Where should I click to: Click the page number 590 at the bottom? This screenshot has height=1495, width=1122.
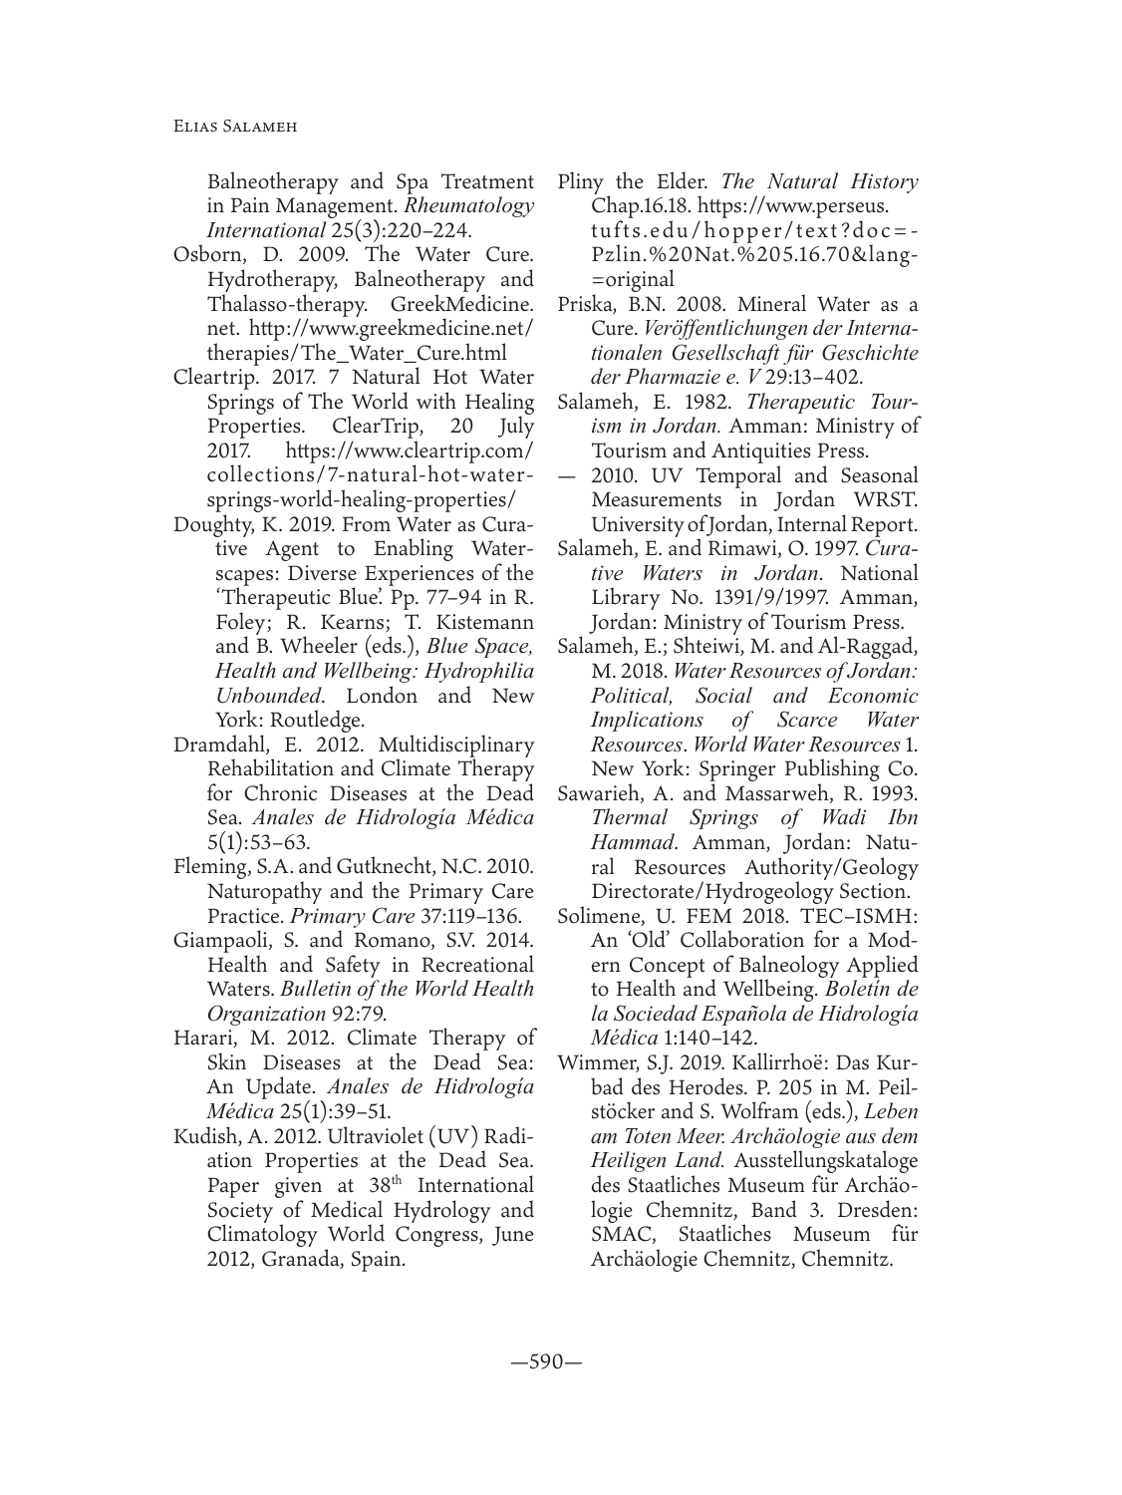560,1362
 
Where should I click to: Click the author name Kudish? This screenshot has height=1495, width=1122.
205,1133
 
